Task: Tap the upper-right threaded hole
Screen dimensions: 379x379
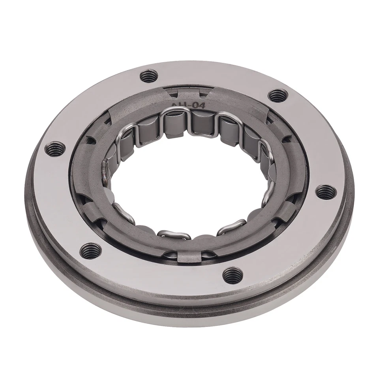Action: (x=278, y=95)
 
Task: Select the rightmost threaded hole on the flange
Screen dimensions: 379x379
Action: (x=326, y=192)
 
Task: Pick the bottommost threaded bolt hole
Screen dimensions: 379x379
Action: (x=233, y=273)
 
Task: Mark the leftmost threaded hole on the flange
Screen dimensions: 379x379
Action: (x=54, y=149)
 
